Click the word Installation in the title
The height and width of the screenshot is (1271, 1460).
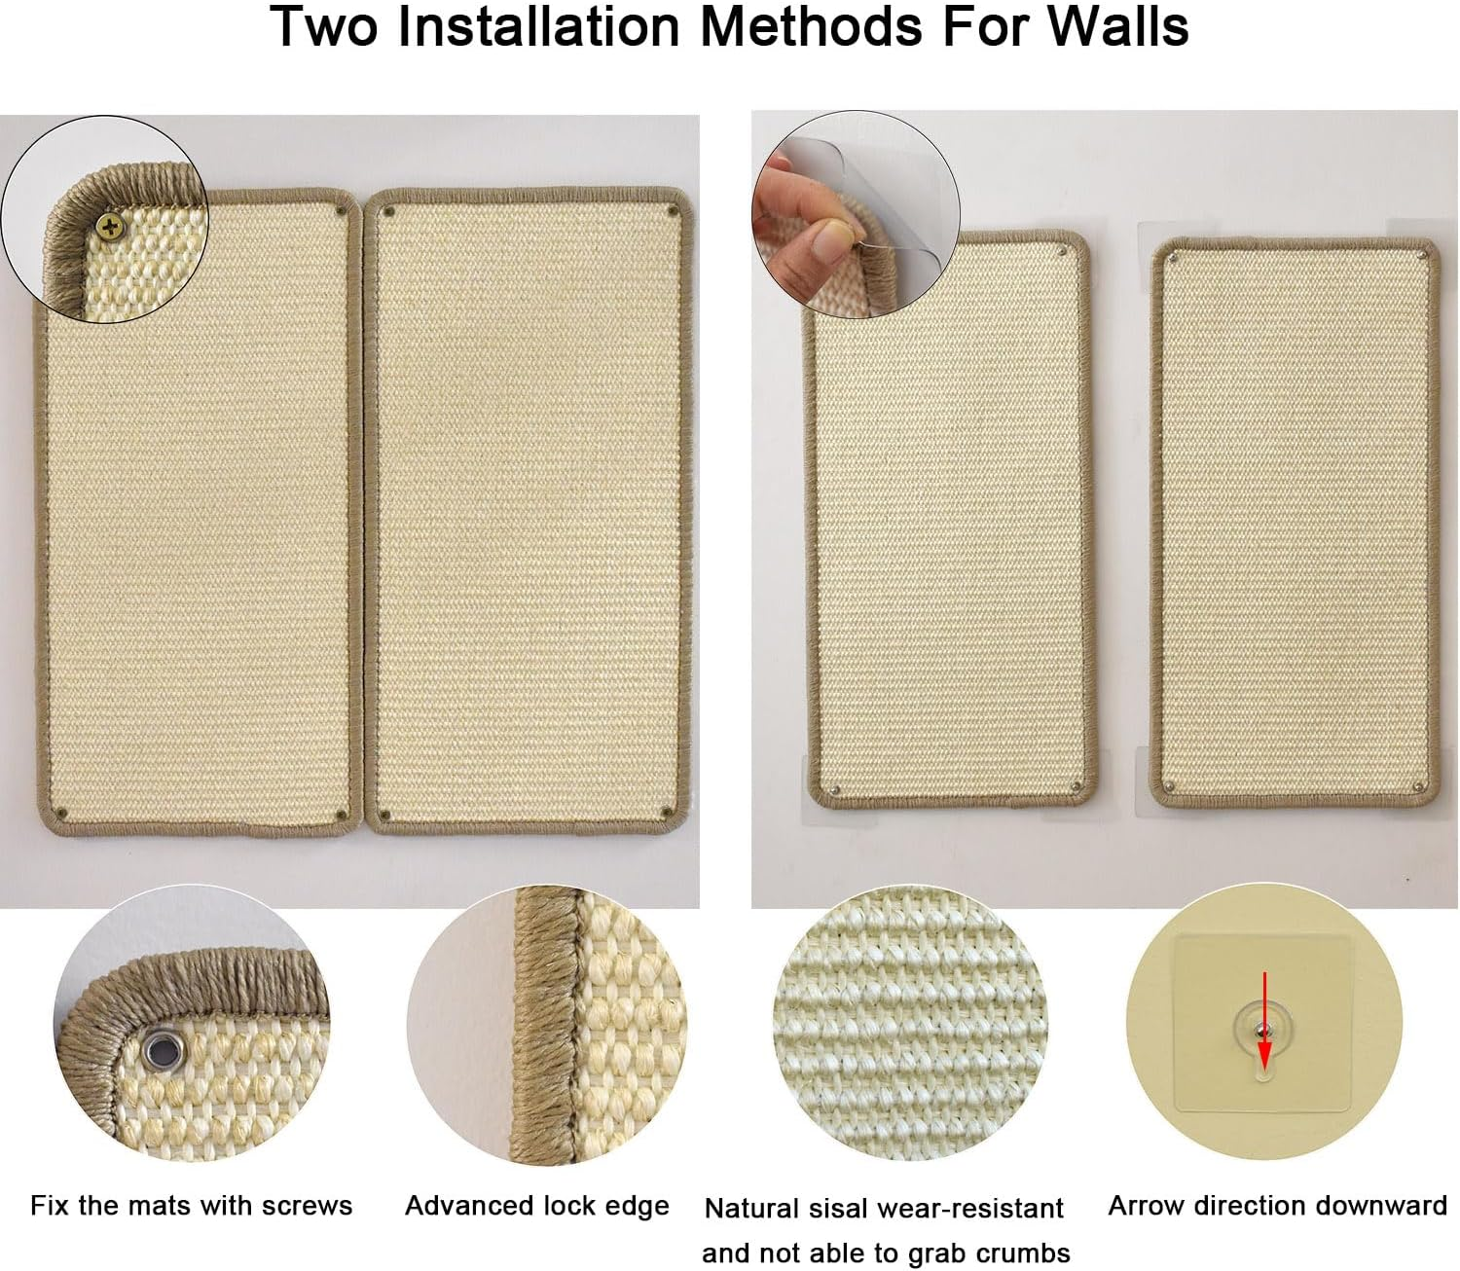[x=537, y=26]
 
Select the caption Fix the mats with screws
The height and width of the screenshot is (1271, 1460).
[x=191, y=1206]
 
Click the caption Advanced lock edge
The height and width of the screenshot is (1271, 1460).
[x=536, y=1206]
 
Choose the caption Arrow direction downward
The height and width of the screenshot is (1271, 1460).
[x=1277, y=1206]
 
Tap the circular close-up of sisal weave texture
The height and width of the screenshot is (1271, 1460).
[x=910, y=1025]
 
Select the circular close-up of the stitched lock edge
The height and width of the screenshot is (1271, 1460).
[x=547, y=1025]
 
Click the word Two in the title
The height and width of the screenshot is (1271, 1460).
[x=323, y=26]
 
